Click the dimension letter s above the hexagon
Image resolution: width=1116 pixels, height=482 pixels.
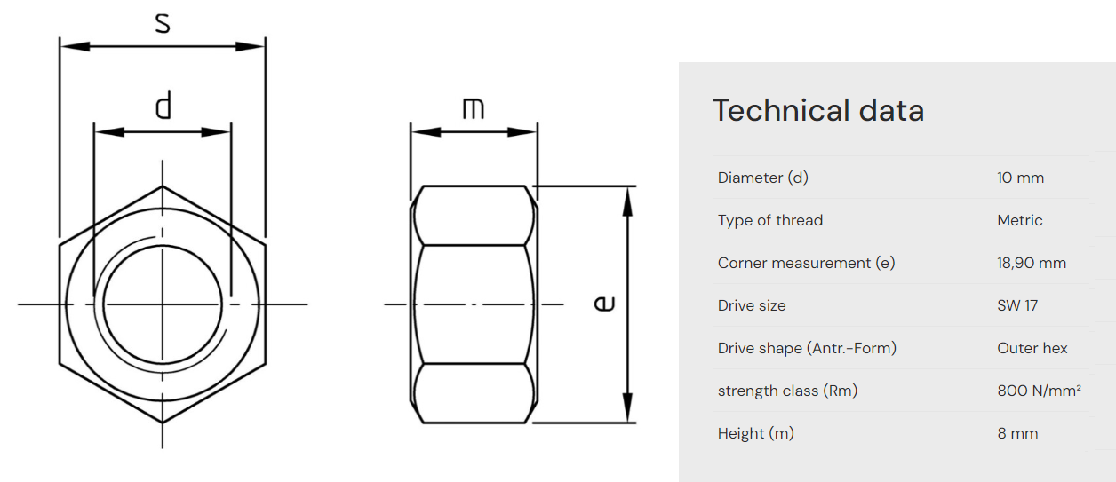pos(163,22)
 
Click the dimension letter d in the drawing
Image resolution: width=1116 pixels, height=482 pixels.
pos(163,106)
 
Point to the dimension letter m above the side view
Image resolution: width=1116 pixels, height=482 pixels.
pos(474,108)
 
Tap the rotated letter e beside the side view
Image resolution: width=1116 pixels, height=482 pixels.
pos(604,304)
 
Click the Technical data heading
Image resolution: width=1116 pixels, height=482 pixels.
pos(818,110)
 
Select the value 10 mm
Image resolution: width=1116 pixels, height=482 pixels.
pos(1020,178)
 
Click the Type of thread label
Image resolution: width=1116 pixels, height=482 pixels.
pos(770,220)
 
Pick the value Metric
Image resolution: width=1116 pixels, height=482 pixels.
pos(1020,220)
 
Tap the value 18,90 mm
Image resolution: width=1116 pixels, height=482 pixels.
pos(1032,263)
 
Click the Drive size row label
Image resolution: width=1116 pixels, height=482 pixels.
pos(752,305)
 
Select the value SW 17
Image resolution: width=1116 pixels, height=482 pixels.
pos(1017,305)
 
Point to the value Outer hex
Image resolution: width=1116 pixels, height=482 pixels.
pos(1032,348)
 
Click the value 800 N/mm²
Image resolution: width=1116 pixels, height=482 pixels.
pos(1039,391)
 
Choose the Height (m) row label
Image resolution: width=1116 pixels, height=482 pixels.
pos(756,433)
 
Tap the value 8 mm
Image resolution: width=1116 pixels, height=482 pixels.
pos(1017,433)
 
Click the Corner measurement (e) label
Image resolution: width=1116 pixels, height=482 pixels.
pos(806,263)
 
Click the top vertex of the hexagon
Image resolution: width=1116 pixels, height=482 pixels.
pos(163,186)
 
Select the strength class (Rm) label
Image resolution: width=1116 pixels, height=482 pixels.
pos(787,391)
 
